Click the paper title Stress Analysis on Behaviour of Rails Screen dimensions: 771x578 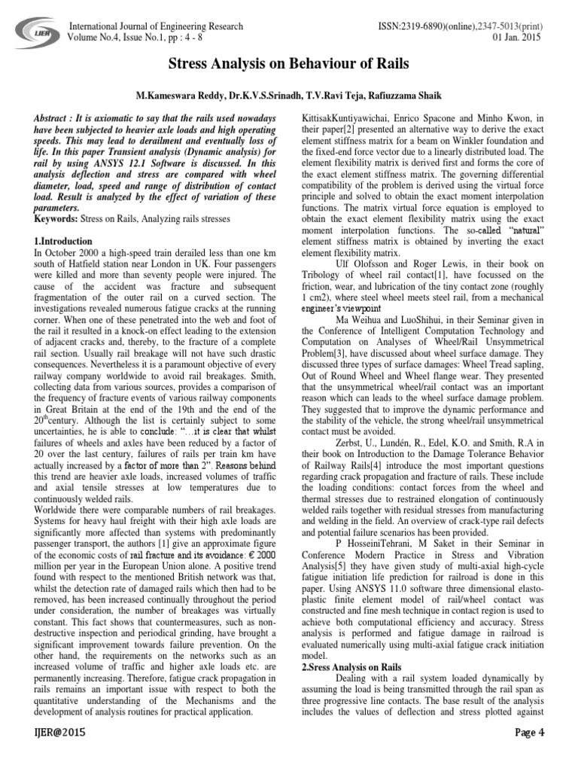point(289,65)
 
